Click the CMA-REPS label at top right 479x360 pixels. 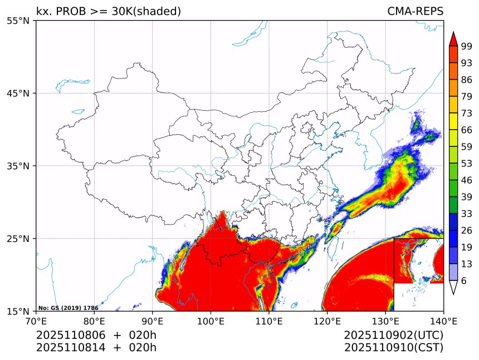[x=415, y=11]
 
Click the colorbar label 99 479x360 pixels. [x=467, y=46]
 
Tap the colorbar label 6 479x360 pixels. [x=464, y=281]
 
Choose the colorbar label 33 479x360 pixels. [x=467, y=214]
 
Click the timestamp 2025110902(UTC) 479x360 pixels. [x=393, y=336]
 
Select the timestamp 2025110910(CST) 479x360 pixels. [x=393, y=348]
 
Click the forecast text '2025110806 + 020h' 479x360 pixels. [x=96, y=336]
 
